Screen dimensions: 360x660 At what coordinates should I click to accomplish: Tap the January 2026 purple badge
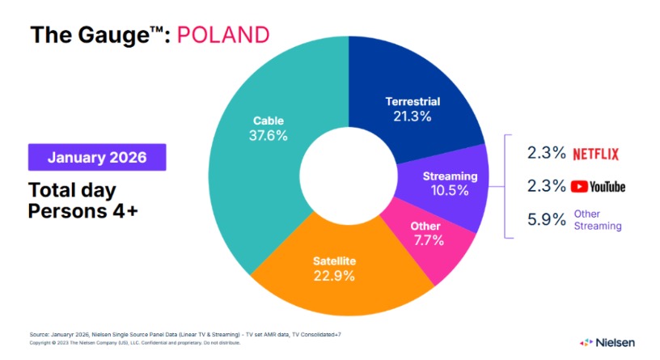coord(97,157)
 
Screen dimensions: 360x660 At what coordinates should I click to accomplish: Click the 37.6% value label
coord(268,135)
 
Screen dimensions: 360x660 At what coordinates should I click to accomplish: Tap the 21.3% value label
coord(412,116)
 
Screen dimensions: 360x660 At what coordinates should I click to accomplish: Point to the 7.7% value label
coord(425,240)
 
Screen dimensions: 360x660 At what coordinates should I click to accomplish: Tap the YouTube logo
coord(598,186)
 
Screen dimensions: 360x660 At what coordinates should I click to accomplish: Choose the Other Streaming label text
coord(598,220)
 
